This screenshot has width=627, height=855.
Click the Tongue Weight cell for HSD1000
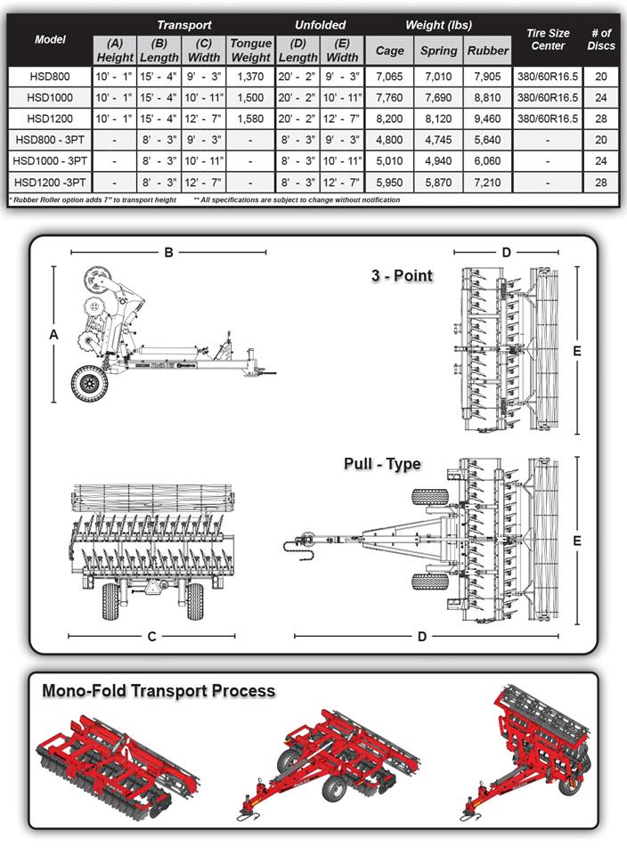250,97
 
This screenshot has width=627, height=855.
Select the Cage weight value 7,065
389,77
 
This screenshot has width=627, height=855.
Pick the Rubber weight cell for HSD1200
487,118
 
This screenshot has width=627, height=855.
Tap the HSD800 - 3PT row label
51,139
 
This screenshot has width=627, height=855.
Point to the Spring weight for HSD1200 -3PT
438,181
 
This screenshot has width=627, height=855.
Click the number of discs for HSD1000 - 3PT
601,160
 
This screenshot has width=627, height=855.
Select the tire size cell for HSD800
548,77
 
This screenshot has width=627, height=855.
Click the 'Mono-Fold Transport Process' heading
159,691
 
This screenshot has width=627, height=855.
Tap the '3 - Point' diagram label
402,275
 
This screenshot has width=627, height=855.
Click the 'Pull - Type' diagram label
382,464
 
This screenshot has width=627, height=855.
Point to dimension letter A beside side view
53,334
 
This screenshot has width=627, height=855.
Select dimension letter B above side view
167,252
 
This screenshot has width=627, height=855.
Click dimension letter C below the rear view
151,636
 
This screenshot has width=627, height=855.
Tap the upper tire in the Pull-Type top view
429,497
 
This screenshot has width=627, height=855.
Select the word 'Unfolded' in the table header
320,25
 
